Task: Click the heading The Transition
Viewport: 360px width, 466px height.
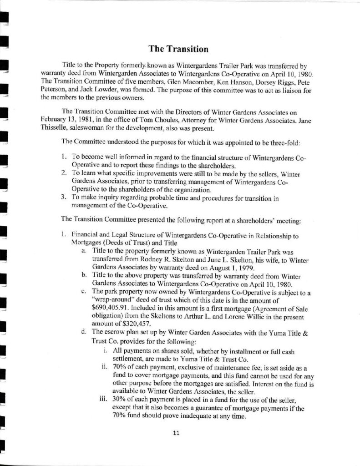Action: [179, 49]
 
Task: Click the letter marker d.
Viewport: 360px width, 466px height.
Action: [84, 332]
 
